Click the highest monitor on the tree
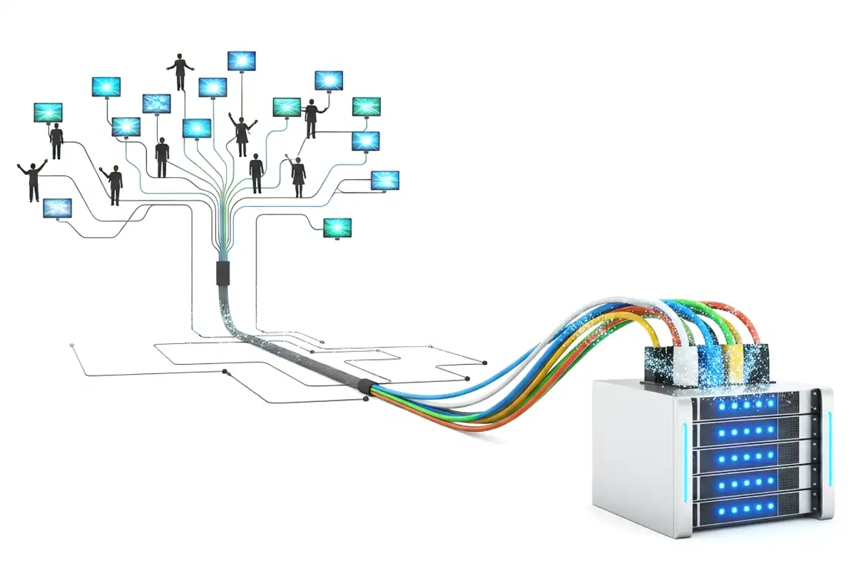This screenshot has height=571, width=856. click(x=242, y=60)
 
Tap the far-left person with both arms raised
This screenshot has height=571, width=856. click(x=33, y=180)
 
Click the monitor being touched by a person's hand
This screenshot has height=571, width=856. click(x=329, y=80)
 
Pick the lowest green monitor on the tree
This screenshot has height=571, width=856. click(x=337, y=228)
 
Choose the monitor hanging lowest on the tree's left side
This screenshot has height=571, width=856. click(x=58, y=208)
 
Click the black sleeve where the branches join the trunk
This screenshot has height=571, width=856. click(x=222, y=273)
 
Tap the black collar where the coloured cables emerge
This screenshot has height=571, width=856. click(x=365, y=387)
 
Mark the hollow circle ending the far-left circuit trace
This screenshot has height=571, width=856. click(x=73, y=345)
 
